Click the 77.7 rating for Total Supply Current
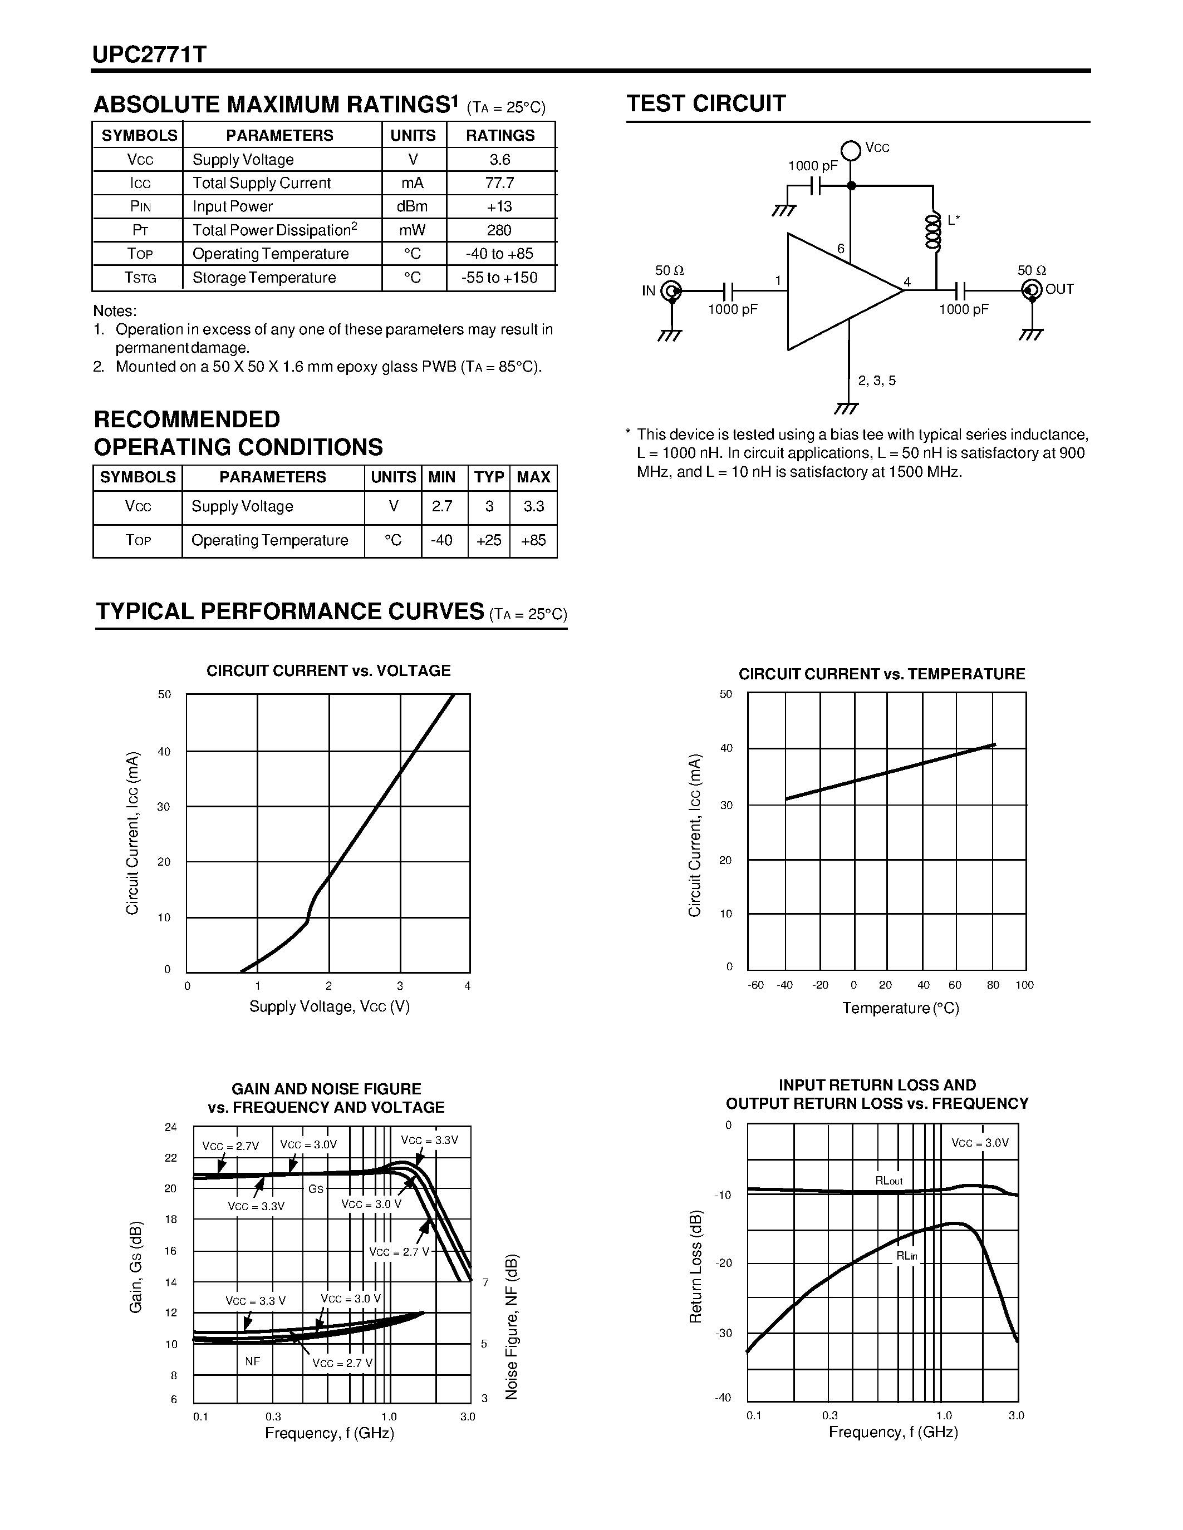click(500, 183)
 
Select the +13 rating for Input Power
click(500, 206)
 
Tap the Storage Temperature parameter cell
click(264, 278)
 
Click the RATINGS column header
click(500, 135)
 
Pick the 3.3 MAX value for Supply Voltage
click(533, 506)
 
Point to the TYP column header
click(488, 477)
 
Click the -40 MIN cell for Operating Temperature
click(441, 540)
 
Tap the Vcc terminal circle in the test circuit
click(851, 150)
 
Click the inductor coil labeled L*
click(933, 231)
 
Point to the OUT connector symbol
click(1032, 289)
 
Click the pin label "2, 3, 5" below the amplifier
click(877, 381)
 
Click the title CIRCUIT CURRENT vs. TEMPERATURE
click(882, 674)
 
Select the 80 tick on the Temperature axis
click(993, 984)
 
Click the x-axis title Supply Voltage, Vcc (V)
click(330, 1006)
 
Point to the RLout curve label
click(889, 1181)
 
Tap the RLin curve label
click(906, 1256)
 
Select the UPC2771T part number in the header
click(149, 55)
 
